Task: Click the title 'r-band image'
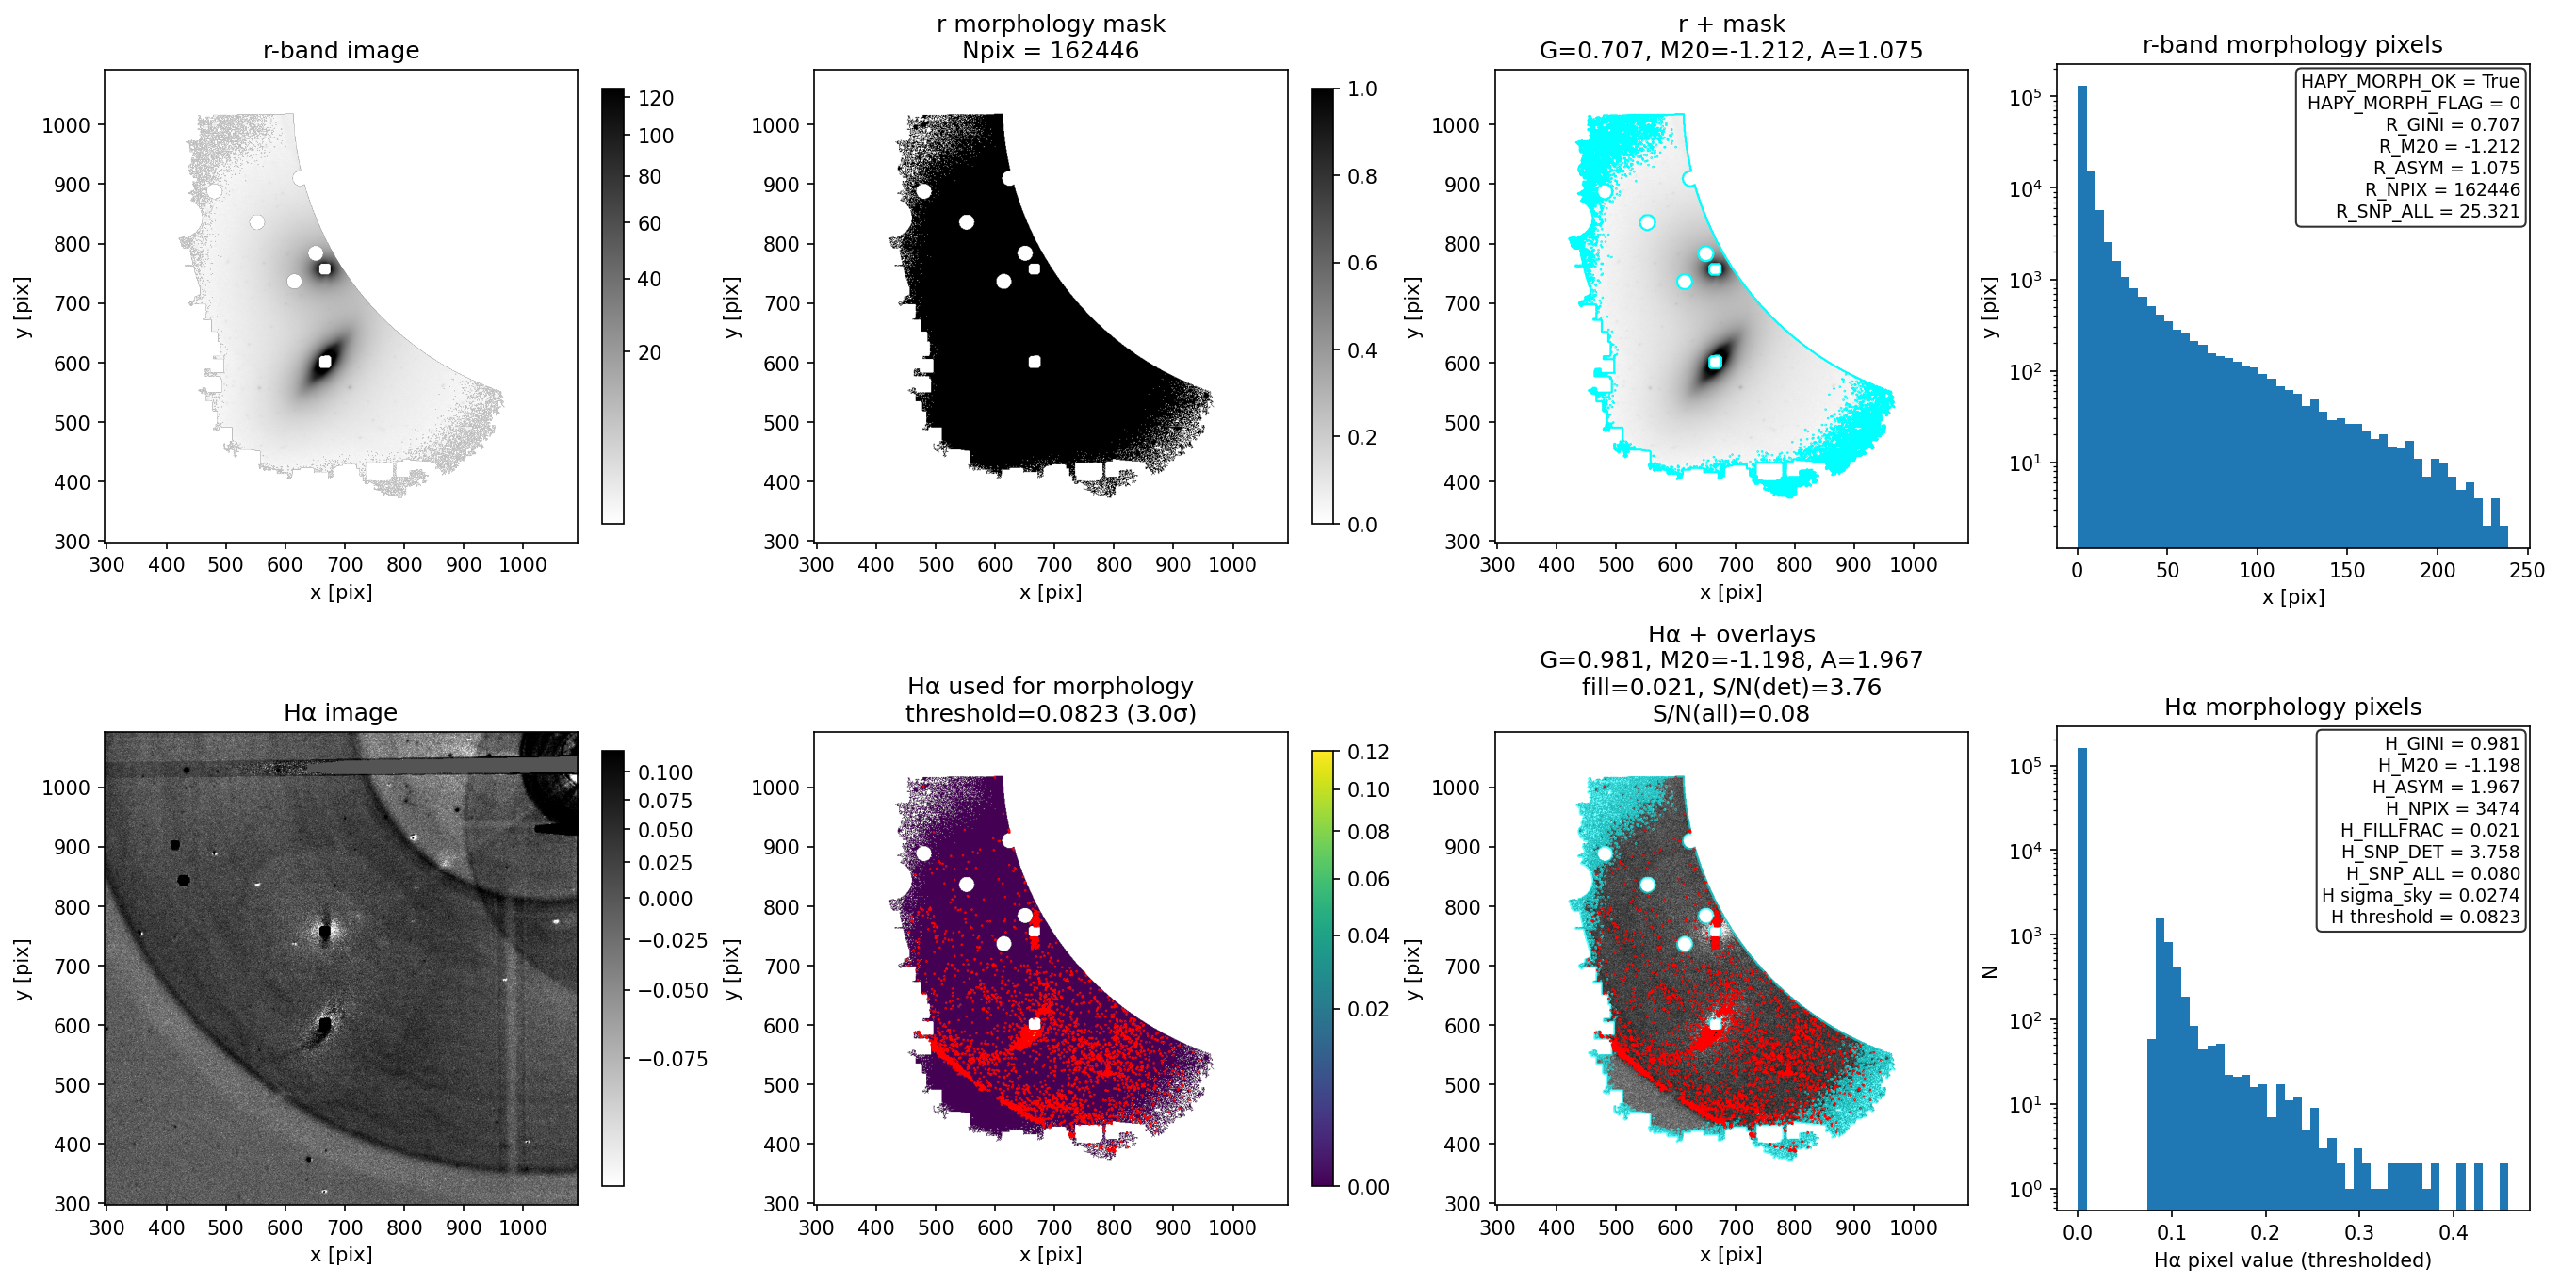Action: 341,50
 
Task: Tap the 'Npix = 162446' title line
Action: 1051,50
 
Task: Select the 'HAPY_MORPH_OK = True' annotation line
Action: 2410,82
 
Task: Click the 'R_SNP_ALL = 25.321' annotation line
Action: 2427,211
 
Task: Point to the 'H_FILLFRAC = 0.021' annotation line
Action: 2430,830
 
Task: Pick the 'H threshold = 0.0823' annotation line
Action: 2425,917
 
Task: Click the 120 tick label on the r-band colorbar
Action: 656,98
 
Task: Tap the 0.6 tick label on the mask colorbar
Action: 1362,263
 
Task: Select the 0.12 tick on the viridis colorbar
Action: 1367,753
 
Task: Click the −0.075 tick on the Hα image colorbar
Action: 672,1060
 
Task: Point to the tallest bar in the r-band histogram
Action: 2082,316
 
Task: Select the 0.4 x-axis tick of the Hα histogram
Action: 2453,1232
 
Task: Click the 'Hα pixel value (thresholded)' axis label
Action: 2292,1260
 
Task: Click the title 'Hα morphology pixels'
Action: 2292,707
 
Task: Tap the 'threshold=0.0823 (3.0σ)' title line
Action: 1051,712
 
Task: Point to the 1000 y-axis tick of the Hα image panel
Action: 66,788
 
